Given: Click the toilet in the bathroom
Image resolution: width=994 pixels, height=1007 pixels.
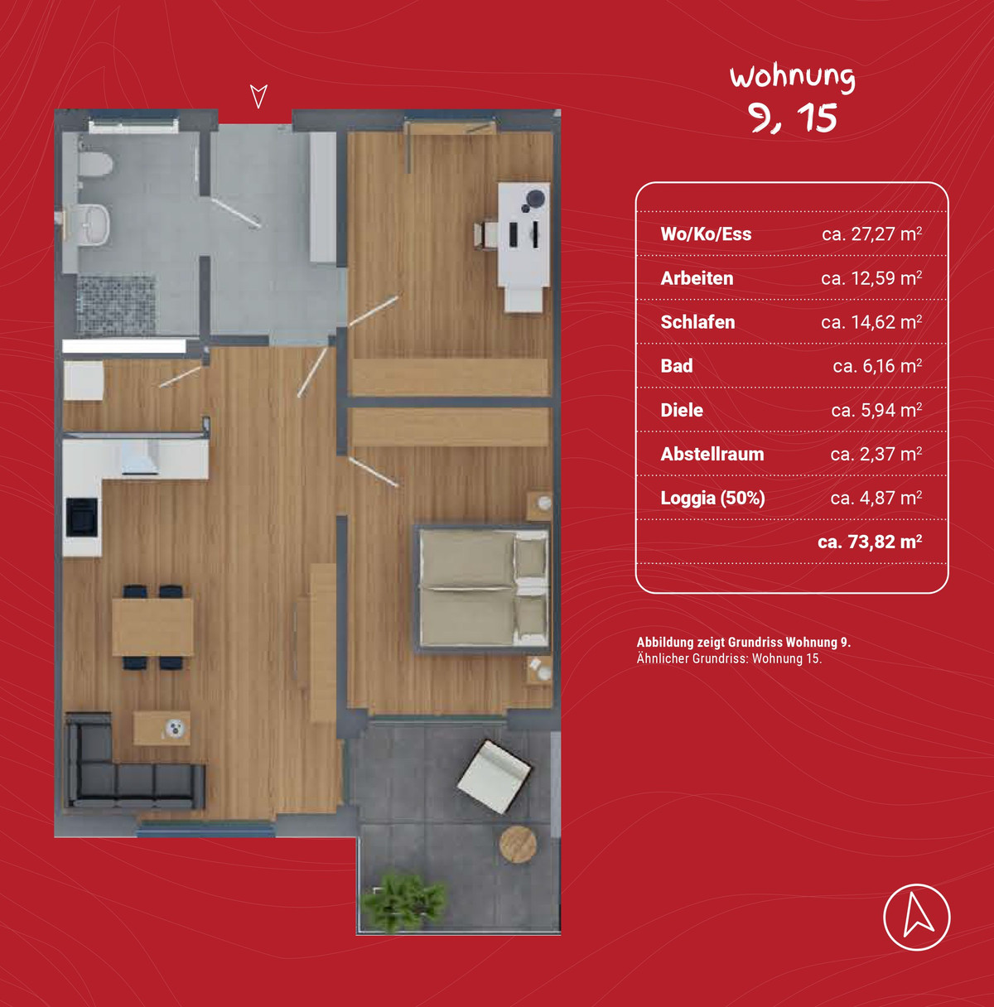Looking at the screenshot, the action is pos(95,164).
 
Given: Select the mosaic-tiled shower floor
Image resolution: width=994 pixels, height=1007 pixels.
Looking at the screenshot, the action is pos(116,306).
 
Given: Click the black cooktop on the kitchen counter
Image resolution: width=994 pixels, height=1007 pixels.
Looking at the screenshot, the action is pos(81,517).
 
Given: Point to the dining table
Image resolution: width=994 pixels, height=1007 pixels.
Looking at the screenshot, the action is pos(152,627).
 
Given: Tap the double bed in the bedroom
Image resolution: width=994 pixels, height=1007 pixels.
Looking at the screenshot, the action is pos(482,589).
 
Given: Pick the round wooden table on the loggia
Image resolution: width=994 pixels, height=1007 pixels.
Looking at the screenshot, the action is pos(518,844).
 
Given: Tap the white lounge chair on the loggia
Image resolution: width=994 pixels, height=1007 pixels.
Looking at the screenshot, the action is pos(495,777).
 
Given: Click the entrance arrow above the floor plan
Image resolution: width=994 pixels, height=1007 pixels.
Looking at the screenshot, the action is pos(258,96).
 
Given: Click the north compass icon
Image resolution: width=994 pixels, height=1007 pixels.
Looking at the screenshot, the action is pos(917,917).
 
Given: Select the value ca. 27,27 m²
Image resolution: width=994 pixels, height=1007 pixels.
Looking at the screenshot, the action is pos(871,234).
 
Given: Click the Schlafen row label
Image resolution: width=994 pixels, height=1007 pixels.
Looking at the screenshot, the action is pos(697,322).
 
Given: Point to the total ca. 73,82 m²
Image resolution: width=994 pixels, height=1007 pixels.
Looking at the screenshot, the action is pos(870,542).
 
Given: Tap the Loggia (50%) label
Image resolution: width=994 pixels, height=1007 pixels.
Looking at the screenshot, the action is pos(712,498).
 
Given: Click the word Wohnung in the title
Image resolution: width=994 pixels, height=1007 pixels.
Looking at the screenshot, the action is pos(792,77).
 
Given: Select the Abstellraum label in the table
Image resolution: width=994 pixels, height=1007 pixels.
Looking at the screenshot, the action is pos(712,454).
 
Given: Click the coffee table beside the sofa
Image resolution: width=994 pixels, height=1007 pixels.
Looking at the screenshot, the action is pos(162,728).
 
